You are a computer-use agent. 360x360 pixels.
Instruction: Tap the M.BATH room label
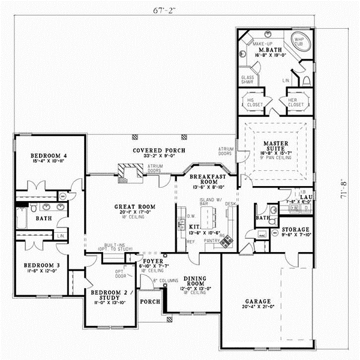[x=267, y=49]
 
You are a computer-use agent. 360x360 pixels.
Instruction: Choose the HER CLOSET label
[x=296, y=102]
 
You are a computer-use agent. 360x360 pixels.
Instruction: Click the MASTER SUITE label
[x=277, y=146]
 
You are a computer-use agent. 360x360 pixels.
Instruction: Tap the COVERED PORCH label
[x=159, y=150]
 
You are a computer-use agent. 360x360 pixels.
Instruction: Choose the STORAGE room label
[x=295, y=229]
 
